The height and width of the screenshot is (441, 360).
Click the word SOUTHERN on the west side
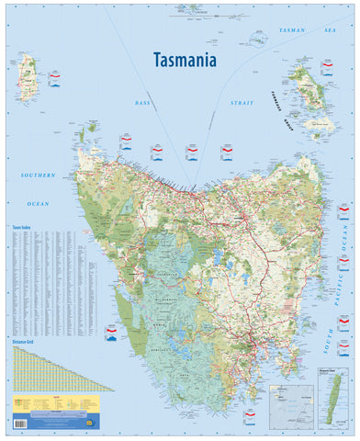pyautogui.click(x=39, y=174)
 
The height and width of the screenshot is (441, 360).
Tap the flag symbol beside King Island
pyautogui.click(x=54, y=74)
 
